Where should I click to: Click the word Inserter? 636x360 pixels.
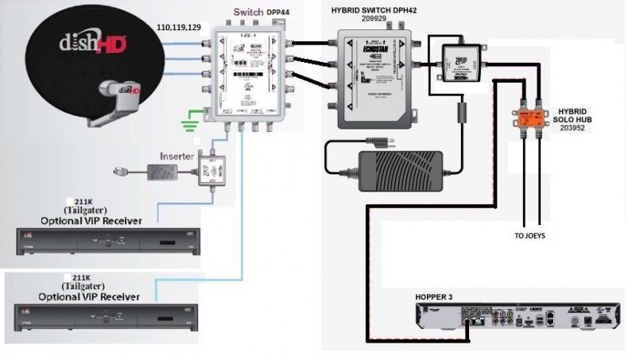point(177,156)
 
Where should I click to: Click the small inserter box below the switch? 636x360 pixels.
point(213,168)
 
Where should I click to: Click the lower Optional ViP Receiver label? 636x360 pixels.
point(87,296)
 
